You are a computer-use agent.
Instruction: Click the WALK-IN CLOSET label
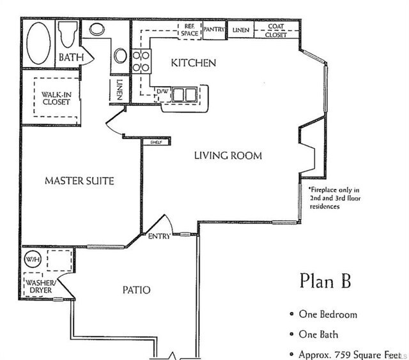point(56,98)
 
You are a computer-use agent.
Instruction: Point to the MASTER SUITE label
point(79,181)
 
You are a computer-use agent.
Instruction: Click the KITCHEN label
point(194,63)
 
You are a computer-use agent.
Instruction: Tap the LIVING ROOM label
point(228,155)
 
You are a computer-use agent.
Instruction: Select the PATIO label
point(136,290)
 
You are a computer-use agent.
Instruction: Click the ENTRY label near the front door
point(159,237)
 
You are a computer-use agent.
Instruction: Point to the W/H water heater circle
point(32,260)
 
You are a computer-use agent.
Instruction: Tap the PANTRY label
point(214,29)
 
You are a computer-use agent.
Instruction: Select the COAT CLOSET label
point(276,31)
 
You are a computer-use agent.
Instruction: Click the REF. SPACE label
point(189,30)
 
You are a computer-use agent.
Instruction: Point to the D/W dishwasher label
point(162,92)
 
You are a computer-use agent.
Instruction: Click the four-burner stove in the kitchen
point(141,61)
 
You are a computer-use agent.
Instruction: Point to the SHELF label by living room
point(155,142)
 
